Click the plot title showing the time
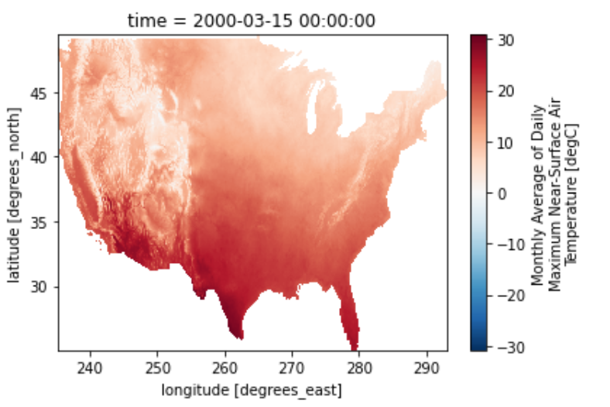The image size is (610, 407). click(252, 21)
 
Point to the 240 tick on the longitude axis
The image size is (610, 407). click(90, 368)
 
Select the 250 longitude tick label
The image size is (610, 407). click(157, 368)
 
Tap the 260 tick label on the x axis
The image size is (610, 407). click(224, 368)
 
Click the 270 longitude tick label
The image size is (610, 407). click(292, 368)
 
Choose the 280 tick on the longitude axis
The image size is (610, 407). click(359, 368)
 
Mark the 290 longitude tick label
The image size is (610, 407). click(427, 368)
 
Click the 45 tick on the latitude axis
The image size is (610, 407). click(39, 94)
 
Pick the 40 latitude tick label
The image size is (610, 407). click(39, 157)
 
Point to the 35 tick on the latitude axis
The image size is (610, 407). click(39, 222)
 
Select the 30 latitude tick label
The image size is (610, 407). click(39, 287)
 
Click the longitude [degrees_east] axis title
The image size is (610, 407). click(252, 390)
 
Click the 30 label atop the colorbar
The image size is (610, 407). click(505, 40)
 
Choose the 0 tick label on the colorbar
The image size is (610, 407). click(502, 193)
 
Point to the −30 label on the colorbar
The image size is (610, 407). click(510, 347)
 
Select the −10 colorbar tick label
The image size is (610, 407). click(510, 245)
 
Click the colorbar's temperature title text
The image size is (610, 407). click(554, 194)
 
